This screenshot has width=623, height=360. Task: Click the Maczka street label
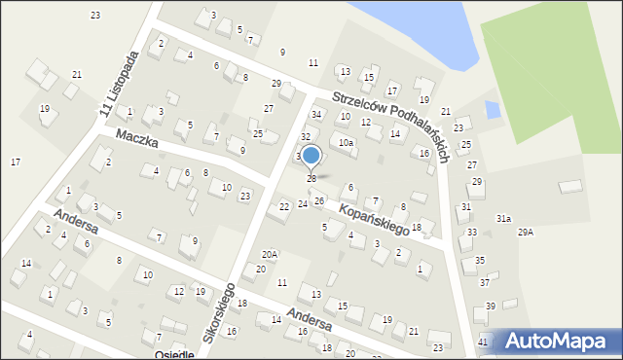coord(137,141)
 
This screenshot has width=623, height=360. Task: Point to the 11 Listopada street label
coord(120,86)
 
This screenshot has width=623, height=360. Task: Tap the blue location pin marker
coord(311,156)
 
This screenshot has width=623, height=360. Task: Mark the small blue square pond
coord(492,110)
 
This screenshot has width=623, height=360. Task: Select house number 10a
coord(346,142)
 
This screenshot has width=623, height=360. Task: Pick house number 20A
coord(270,254)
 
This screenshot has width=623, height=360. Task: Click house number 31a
coord(503,219)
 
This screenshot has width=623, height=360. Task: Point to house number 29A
coord(526,232)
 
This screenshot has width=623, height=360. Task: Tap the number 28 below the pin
coord(311,178)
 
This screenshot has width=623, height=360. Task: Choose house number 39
coord(491,306)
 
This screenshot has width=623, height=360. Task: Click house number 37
coord(484,282)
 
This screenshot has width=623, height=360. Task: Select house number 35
coord(480,260)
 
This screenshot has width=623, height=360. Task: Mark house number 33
coord(472,232)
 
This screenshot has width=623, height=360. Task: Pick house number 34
coord(316,115)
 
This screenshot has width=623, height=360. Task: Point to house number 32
coord(305,136)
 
